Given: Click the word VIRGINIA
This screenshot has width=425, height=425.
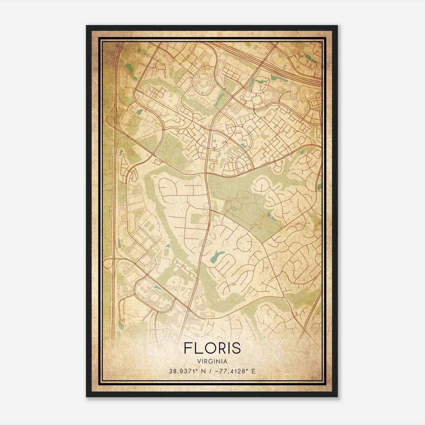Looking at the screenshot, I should tap(212, 362).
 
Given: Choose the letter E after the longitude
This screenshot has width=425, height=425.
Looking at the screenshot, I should tap(253, 371).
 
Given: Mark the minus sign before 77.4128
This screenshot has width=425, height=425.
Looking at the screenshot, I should tap(217, 371).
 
